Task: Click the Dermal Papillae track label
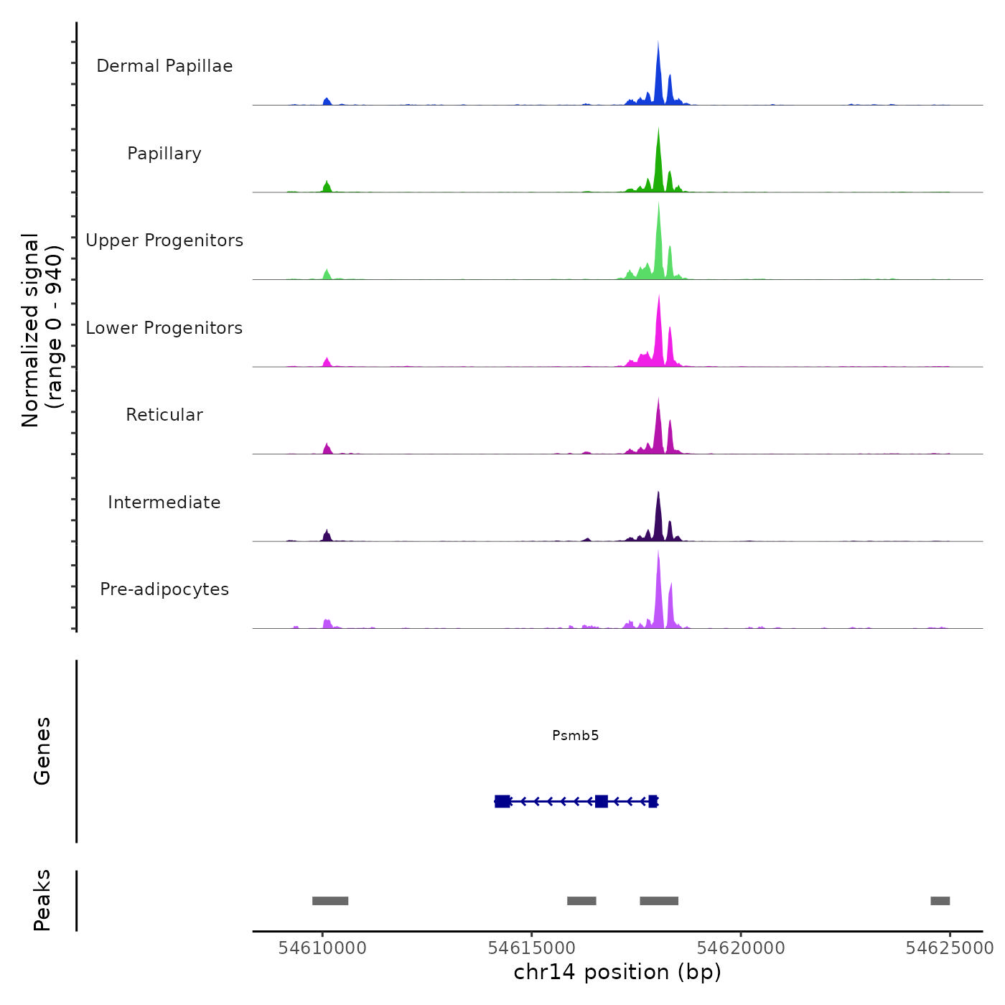pos(164,66)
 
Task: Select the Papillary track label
pos(164,154)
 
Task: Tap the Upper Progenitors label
pos(164,240)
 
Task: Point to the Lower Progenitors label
pos(164,328)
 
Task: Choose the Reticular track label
pos(164,415)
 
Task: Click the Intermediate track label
pos(164,502)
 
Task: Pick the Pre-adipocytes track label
pos(164,589)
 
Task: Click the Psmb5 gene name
pos(575,735)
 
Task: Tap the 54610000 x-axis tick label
pos(322,948)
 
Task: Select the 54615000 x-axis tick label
pos(532,948)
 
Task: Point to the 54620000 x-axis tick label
pos(741,948)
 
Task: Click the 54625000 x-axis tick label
pos(950,948)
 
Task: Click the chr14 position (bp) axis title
pos(617,972)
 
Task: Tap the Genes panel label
pos(42,751)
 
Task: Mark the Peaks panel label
pos(42,900)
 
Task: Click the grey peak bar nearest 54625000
pos(940,901)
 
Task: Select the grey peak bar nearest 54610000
pos(330,901)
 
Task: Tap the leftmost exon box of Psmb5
pos(502,801)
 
